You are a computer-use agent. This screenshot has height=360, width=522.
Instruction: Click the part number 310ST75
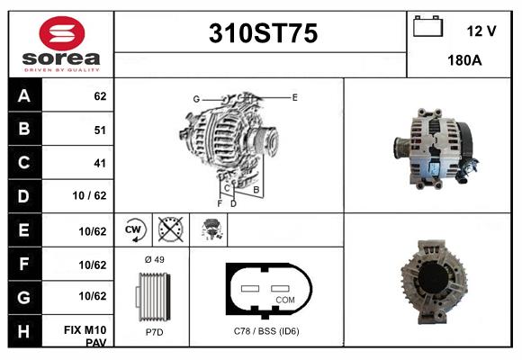coord(263,34)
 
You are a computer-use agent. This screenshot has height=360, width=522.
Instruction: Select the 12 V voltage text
coord(481,31)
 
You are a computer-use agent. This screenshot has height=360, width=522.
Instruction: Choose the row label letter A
coord(24,94)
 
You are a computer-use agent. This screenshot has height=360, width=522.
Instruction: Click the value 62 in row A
coord(100,95)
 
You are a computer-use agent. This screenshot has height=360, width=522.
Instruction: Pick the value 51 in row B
coord(100,130)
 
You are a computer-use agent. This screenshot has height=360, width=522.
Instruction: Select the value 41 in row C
coord(100,164)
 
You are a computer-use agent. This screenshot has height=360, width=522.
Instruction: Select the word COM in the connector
coord(284,299)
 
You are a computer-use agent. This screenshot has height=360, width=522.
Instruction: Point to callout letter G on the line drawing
coord(195,98)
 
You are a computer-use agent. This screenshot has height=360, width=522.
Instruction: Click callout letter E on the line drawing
coord(294,96)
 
